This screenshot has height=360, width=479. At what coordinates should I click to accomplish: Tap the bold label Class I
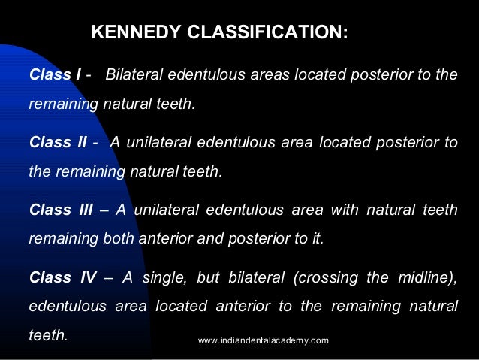[56, 76]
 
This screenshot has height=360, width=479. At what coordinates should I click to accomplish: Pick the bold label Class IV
[62, 277]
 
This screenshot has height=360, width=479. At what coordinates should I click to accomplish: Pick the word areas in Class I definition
[270, 76]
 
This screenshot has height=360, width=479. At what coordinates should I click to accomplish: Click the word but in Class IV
[206, 277]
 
